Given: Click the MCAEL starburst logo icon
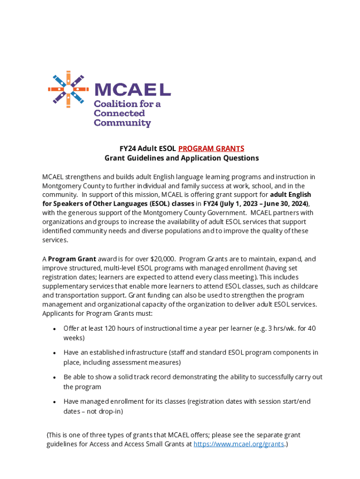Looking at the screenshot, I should [x=68, y=88].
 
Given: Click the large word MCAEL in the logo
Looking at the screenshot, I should [x=132, y=89].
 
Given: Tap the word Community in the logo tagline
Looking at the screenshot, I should [x=122, y=123].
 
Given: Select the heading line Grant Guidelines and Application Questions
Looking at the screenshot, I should [x=181, y=158].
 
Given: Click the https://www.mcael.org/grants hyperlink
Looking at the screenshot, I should [x=238, y=444].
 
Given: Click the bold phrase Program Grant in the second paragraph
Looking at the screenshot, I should [x=72, y=259].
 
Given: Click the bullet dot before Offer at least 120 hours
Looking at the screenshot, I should [x=55, y=329].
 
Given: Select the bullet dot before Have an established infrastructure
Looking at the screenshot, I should [x=55, y=353].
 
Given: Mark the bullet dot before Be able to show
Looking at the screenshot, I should [x=55, y=377].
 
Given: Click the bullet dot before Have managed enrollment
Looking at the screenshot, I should [x=55, y=402].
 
